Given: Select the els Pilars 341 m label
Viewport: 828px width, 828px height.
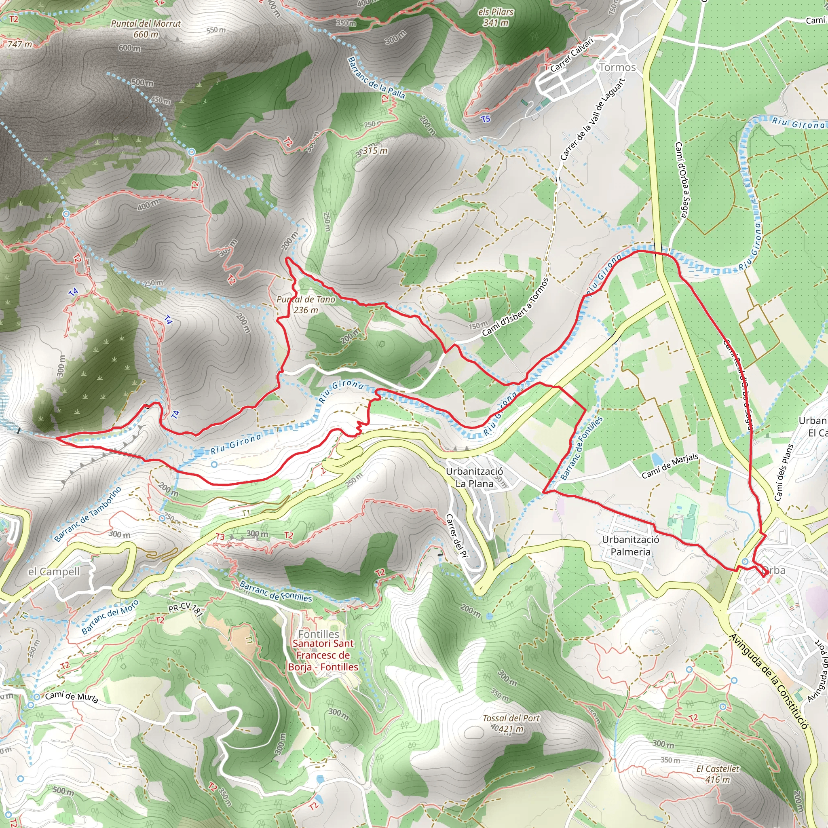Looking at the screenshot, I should coord(496,17).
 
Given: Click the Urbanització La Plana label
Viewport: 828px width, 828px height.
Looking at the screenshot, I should coord(474,477).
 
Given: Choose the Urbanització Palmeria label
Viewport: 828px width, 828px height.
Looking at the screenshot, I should coord(630,545).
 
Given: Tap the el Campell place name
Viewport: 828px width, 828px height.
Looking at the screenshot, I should coord(54,571).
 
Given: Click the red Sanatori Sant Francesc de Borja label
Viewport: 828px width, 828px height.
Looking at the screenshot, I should coord(323,655).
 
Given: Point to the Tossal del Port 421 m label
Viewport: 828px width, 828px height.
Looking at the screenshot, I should coord(511,723).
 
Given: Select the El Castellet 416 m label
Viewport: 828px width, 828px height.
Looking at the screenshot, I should coord(718,773).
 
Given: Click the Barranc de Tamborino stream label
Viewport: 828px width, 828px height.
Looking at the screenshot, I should coord(88,514).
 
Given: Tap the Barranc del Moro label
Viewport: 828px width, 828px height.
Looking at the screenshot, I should coord(110,617).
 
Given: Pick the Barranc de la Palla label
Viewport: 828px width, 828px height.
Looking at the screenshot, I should coord(376,78).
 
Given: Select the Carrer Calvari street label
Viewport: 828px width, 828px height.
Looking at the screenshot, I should coord(572,55).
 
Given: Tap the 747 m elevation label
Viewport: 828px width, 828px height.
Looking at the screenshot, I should coord(19,44).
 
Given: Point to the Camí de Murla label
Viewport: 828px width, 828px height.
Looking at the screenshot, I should coord(72,697).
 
